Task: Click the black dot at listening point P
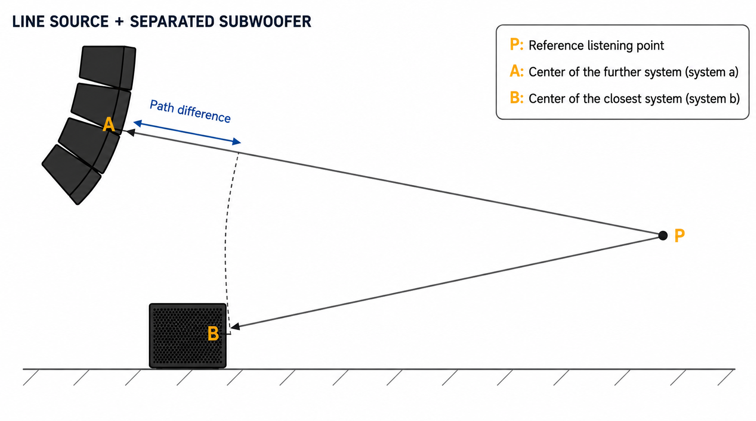[663, 235]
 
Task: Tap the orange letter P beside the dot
[680, 236]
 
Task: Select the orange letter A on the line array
[109, 124]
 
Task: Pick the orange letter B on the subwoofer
[213, 334]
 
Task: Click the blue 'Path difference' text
[190, 111]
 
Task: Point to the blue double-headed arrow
[187, 132]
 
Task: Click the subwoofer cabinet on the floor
[188, 335]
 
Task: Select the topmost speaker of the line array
[107, 67]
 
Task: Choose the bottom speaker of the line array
[71, 174]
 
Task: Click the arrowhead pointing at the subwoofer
[235, 326]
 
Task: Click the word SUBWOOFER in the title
[265, 22]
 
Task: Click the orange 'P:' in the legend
[516, 45]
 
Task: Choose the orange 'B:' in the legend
[516, 98]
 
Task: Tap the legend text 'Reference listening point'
[596, 45]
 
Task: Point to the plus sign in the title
[119, 22]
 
